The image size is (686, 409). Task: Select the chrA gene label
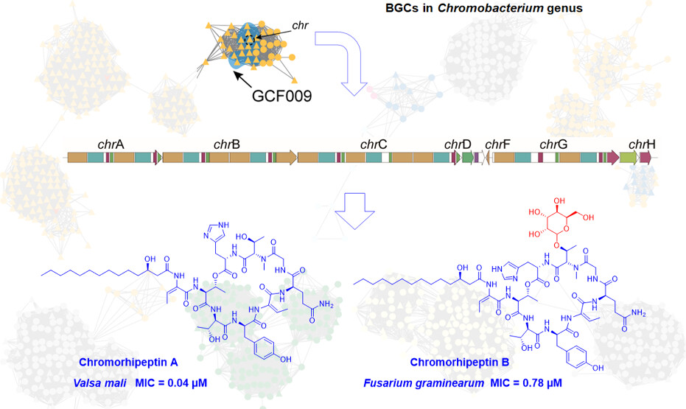click(x=111, y=144)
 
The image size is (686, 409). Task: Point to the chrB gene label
click(x=226, y=144)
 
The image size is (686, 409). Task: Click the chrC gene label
click(x=374, y=144)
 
